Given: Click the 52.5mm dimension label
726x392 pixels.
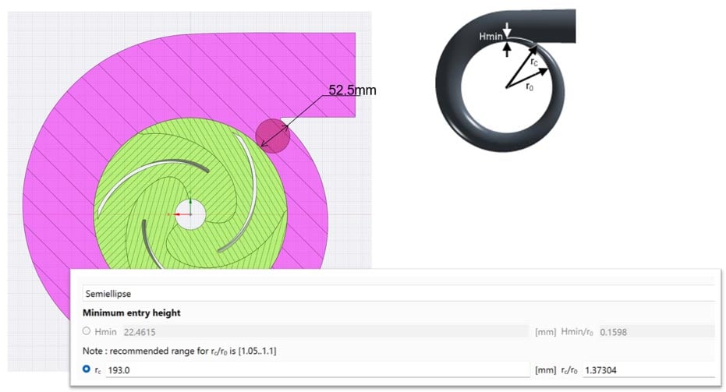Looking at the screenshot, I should click(x=352, y=90).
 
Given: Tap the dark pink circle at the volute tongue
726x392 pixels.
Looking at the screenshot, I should click(x=273, y=135).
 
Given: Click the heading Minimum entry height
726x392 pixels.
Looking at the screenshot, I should click(x=133, y=313).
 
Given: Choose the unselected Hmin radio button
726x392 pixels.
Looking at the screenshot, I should click(x=87, y=332).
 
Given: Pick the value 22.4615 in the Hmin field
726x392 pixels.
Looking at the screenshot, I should click(x=124, y=332).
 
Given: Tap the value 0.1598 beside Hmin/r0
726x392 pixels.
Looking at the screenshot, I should click(x=613, y=332).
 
